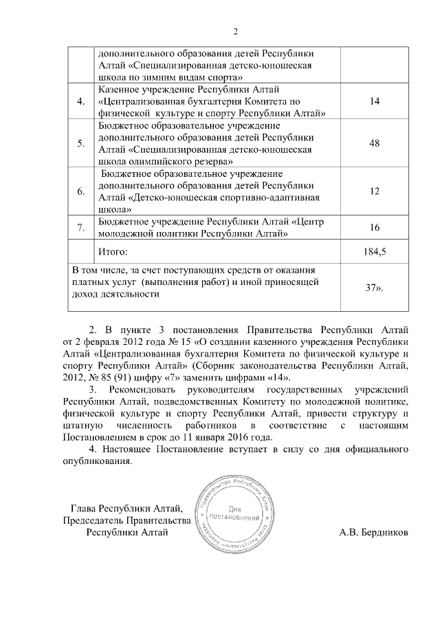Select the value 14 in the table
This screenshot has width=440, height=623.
click(374, 101)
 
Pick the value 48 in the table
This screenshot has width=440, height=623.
click(374, 143)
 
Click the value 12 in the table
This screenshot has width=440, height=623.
click(374, 191)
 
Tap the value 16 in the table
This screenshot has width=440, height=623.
click(374, 228)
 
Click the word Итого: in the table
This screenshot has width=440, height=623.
click(113, 251)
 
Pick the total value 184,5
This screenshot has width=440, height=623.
click(374, 251)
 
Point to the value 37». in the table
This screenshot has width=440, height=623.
click(374, 287)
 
